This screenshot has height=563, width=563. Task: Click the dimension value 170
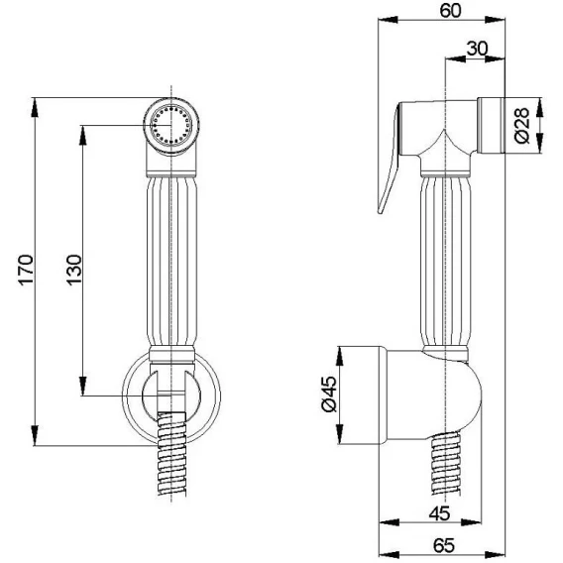point(26,270)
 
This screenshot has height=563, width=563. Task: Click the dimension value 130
point(74,270)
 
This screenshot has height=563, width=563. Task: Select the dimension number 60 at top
point(450,11)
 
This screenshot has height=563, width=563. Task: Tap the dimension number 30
point(477,49)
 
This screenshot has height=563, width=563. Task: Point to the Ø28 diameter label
point(521,126)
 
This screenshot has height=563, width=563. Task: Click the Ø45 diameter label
point(329,394)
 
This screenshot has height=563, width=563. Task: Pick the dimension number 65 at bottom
point(444,545)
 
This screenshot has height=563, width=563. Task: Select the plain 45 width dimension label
point(439,513)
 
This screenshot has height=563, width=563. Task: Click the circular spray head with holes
point(171,126)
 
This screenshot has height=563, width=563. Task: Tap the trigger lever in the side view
point(390,158)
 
